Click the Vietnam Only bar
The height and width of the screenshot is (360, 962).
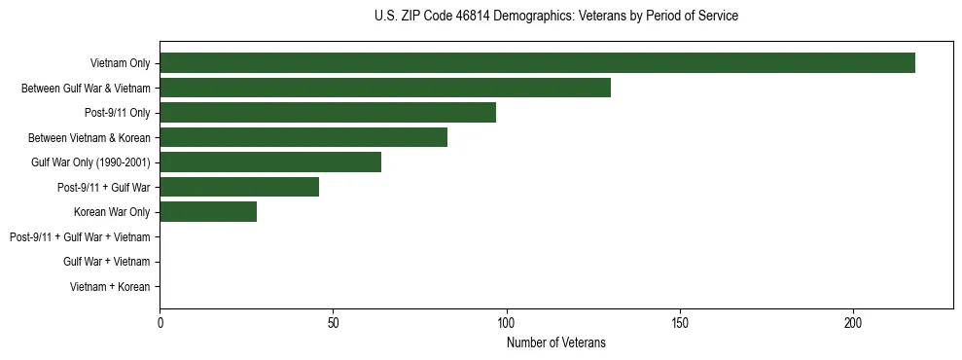(x=537, y=63)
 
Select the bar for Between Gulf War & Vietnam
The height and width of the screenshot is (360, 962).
(x=385, y=89)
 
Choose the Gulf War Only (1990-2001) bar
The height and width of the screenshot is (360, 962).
(x=270, y=162)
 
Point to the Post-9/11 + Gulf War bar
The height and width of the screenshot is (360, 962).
(x=239, y=187)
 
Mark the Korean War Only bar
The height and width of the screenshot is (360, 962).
(x=208, y=212)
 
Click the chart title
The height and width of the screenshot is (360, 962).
(x=555, y=17)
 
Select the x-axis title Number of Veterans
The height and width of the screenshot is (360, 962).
(x=555, y=342)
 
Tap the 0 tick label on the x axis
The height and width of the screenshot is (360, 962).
(x=160, y=322)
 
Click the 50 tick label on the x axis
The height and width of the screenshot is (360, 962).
(x=333, y=322)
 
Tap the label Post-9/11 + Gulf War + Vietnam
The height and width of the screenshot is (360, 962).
(x=80, y=237)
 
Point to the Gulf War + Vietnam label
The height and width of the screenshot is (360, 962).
(x=107, y=262)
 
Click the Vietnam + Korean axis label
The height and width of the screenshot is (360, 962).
(x=110, y=287)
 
